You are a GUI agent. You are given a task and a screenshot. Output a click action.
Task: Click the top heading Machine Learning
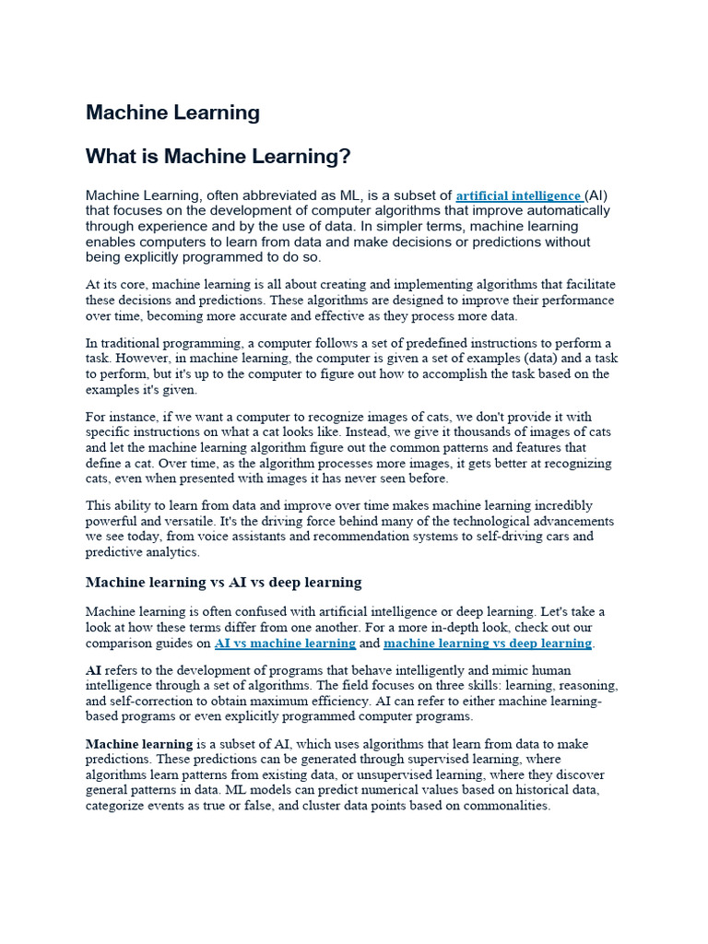[172, 113]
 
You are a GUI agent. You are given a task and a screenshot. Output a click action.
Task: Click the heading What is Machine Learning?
[218, 158]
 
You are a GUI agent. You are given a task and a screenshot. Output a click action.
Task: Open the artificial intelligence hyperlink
[518, 196]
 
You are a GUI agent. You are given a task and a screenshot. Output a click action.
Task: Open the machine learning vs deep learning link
[487, 643]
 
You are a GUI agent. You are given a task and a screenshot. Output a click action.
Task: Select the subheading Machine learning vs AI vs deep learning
[223, 583]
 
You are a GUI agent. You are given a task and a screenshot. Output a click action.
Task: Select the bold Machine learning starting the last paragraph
[139, 745]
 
